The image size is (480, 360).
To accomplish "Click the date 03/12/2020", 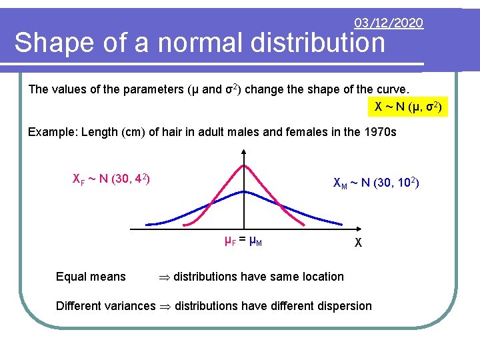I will pos(389,23).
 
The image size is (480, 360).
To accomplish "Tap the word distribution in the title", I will pos(319,44).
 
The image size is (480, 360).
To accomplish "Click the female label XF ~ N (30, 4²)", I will pos(111,179).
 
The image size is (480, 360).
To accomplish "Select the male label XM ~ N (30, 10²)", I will pos(376,183).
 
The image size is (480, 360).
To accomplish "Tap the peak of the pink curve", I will pos(245,165).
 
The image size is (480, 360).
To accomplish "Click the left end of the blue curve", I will pos(148,223).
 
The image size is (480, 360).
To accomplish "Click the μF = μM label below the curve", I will pos(243,241).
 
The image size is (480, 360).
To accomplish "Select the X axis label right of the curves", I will pos(357,243).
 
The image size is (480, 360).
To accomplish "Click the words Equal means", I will pos(91,277).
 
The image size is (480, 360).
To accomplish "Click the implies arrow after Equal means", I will pos(164,277).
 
